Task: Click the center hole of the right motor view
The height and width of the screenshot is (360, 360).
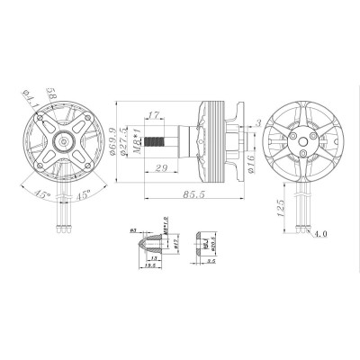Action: (x=297, y=140)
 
